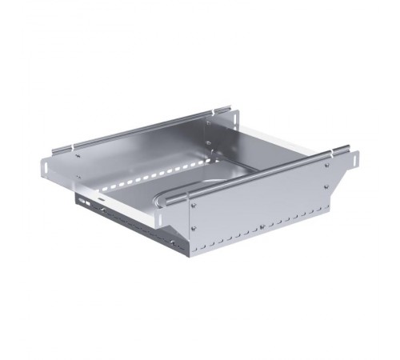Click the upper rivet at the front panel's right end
tap(326, 167)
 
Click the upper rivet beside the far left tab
tap(78, 156)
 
